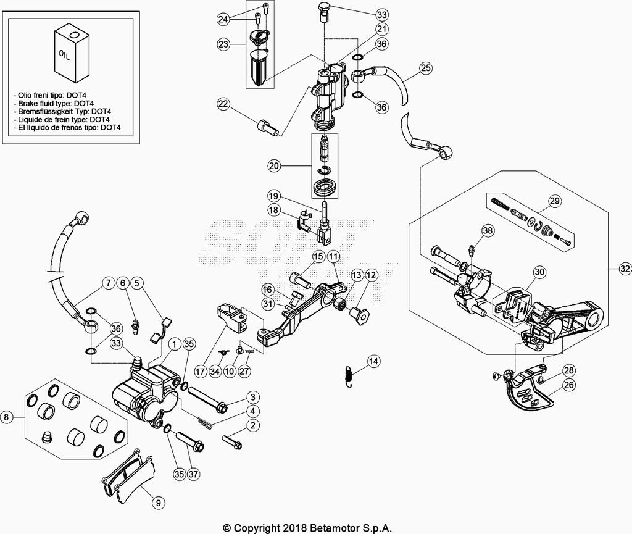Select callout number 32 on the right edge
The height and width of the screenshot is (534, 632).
(625, 269)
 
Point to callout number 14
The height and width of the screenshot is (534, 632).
(373, 361)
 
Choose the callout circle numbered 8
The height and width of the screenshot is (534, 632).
(7, 417)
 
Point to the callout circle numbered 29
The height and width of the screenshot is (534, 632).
(554, 200)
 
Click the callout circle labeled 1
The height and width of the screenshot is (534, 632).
(175, 343)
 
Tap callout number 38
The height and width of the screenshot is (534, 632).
(488, 231)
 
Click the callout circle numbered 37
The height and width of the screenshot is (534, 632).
(194, 474)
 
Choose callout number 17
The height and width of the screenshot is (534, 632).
(201, 372)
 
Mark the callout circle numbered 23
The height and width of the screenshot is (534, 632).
(223, 44)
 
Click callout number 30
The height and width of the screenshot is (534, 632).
(539, 271)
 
